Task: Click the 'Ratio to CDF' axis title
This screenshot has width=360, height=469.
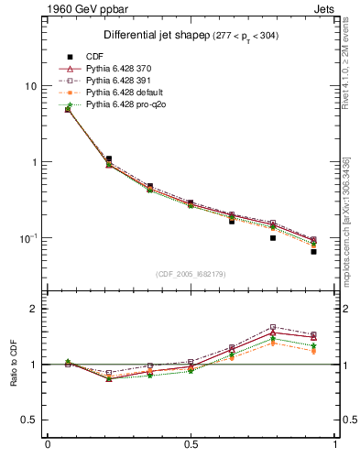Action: pyautogui.click(x=13, y=364)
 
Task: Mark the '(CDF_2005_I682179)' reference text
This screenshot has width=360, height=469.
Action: pyautogui.click(x=191, y=274)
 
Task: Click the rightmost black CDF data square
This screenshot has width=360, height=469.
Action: pyautogui.click(x=313, y=251)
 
